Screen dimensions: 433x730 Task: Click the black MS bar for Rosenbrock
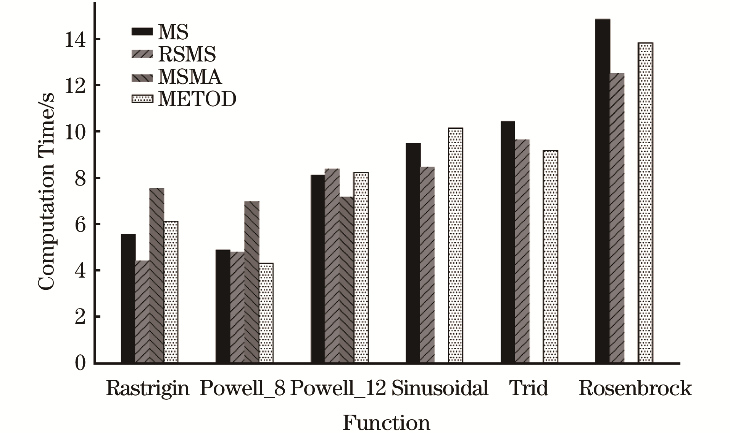[x=603, y=191]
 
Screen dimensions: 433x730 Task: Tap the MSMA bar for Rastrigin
[x=156, y=275]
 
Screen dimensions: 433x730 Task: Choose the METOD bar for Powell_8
[x=266, y=313]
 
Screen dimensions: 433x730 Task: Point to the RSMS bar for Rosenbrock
[x=617, y=218]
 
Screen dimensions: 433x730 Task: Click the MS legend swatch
[x=142, y=32]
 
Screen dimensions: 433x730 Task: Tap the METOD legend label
[x=197, y=99]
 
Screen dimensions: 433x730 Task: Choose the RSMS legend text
[x=187, y=54]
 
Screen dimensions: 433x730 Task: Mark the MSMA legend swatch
[x=142, y=76]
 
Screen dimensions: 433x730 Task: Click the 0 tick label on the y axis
[x=80, y=363]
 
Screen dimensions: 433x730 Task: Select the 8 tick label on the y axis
[x=80, y=178]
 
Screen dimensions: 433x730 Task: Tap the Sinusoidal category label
[x=440, y=388]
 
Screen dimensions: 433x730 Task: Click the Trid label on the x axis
[x=529, y=388]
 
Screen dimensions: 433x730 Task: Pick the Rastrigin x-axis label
[x=147, y=388]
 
